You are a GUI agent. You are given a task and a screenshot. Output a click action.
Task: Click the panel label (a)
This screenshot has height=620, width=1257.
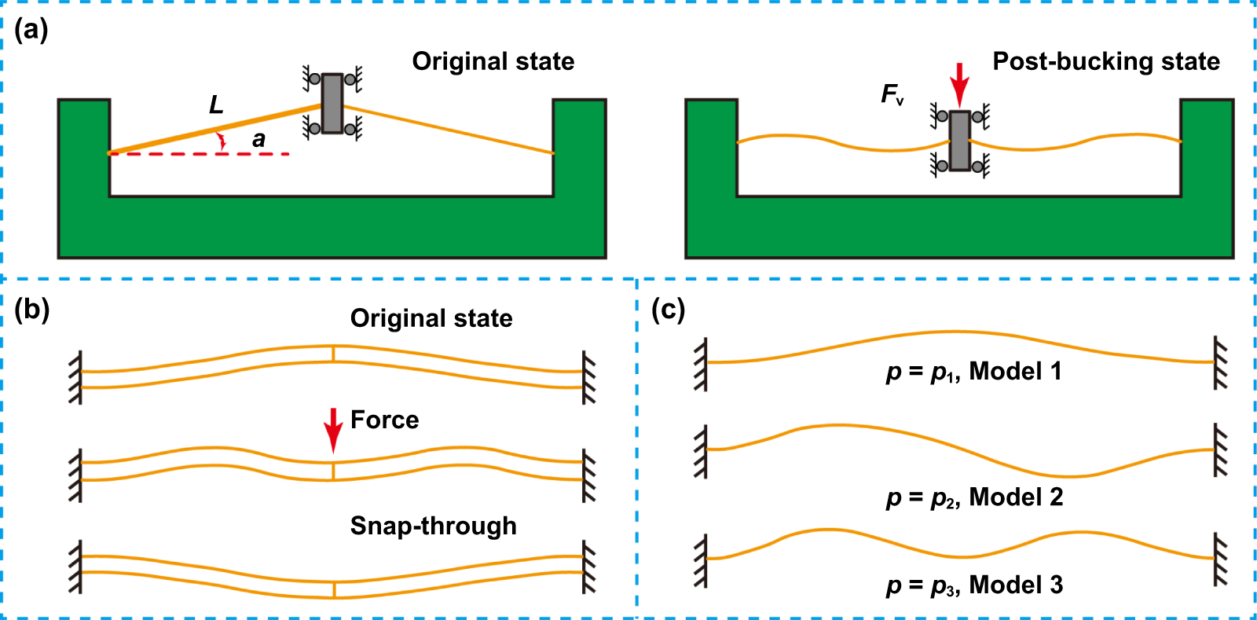pos(31,31)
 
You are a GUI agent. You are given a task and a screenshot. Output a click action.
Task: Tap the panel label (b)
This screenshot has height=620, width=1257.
pos(32,310)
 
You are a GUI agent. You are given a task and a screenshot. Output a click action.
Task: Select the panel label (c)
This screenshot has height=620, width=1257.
pos(668,310)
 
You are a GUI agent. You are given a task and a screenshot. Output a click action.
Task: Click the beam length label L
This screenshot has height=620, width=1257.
pos(216,105)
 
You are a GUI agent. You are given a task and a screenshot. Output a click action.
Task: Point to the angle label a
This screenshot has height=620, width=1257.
pos(258,140)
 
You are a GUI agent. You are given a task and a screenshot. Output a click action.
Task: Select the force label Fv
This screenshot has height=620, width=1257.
pos(892,95)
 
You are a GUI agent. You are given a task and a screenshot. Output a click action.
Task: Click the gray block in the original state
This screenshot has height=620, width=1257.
pos(332,103)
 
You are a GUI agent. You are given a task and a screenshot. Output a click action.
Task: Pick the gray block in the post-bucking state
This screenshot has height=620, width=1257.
pos(959,141)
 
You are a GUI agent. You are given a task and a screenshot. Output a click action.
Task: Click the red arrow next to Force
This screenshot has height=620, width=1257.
pos(333,429)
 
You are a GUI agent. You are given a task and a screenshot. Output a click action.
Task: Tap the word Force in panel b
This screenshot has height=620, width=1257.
pos(384,420)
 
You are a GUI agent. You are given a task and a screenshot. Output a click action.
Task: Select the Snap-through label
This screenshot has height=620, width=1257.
pos(433,526)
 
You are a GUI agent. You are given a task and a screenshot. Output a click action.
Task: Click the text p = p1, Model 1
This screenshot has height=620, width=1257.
pos(973,371)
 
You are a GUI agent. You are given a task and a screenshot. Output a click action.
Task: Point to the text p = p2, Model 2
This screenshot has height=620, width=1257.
pos(974,497)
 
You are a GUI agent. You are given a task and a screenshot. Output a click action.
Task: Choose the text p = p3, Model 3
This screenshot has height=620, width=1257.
pos(974,585)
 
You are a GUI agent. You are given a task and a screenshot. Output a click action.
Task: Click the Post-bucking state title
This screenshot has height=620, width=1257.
pos(1105,61)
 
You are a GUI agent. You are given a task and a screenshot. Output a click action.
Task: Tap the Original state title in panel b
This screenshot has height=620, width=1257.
pos(431,318)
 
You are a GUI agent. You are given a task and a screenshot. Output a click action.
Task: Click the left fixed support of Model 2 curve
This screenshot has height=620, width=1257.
pos(700,450)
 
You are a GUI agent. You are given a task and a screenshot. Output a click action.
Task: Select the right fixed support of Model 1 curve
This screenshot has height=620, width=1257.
pos(1219,362)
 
